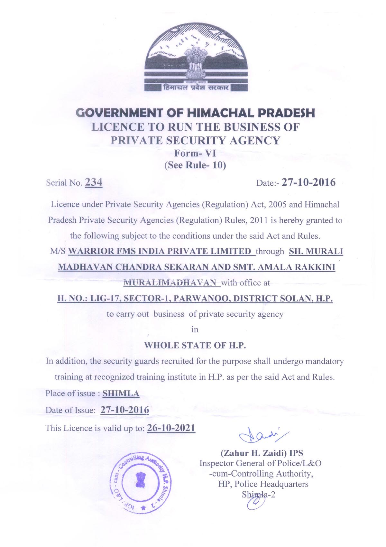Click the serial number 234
94,182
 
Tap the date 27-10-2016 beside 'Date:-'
308,182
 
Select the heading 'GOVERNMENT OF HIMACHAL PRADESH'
195,113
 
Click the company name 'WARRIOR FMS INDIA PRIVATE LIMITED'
160,251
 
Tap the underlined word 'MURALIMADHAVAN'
170,283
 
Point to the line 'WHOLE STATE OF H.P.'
195,346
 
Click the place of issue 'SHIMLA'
121,394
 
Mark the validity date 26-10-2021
171,428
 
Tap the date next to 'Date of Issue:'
125,410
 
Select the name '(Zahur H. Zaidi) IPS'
262,453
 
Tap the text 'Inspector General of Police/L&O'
260,463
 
